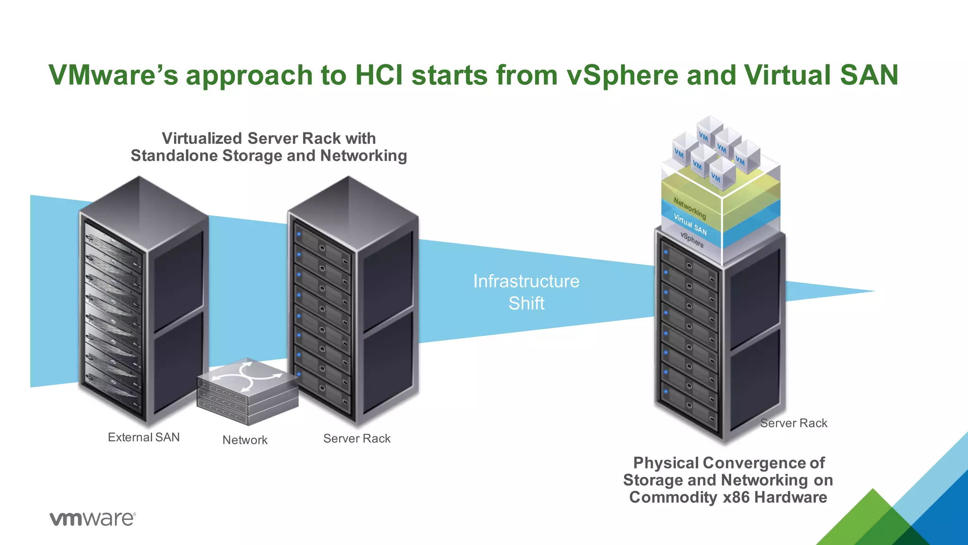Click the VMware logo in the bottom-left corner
93,519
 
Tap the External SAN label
144,437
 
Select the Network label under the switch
245,440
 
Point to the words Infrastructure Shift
526,292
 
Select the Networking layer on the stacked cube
690,209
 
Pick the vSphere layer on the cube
692,240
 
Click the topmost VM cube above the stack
709,129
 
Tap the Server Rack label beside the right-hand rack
794,423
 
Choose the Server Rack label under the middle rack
357,439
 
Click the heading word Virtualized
202,138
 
